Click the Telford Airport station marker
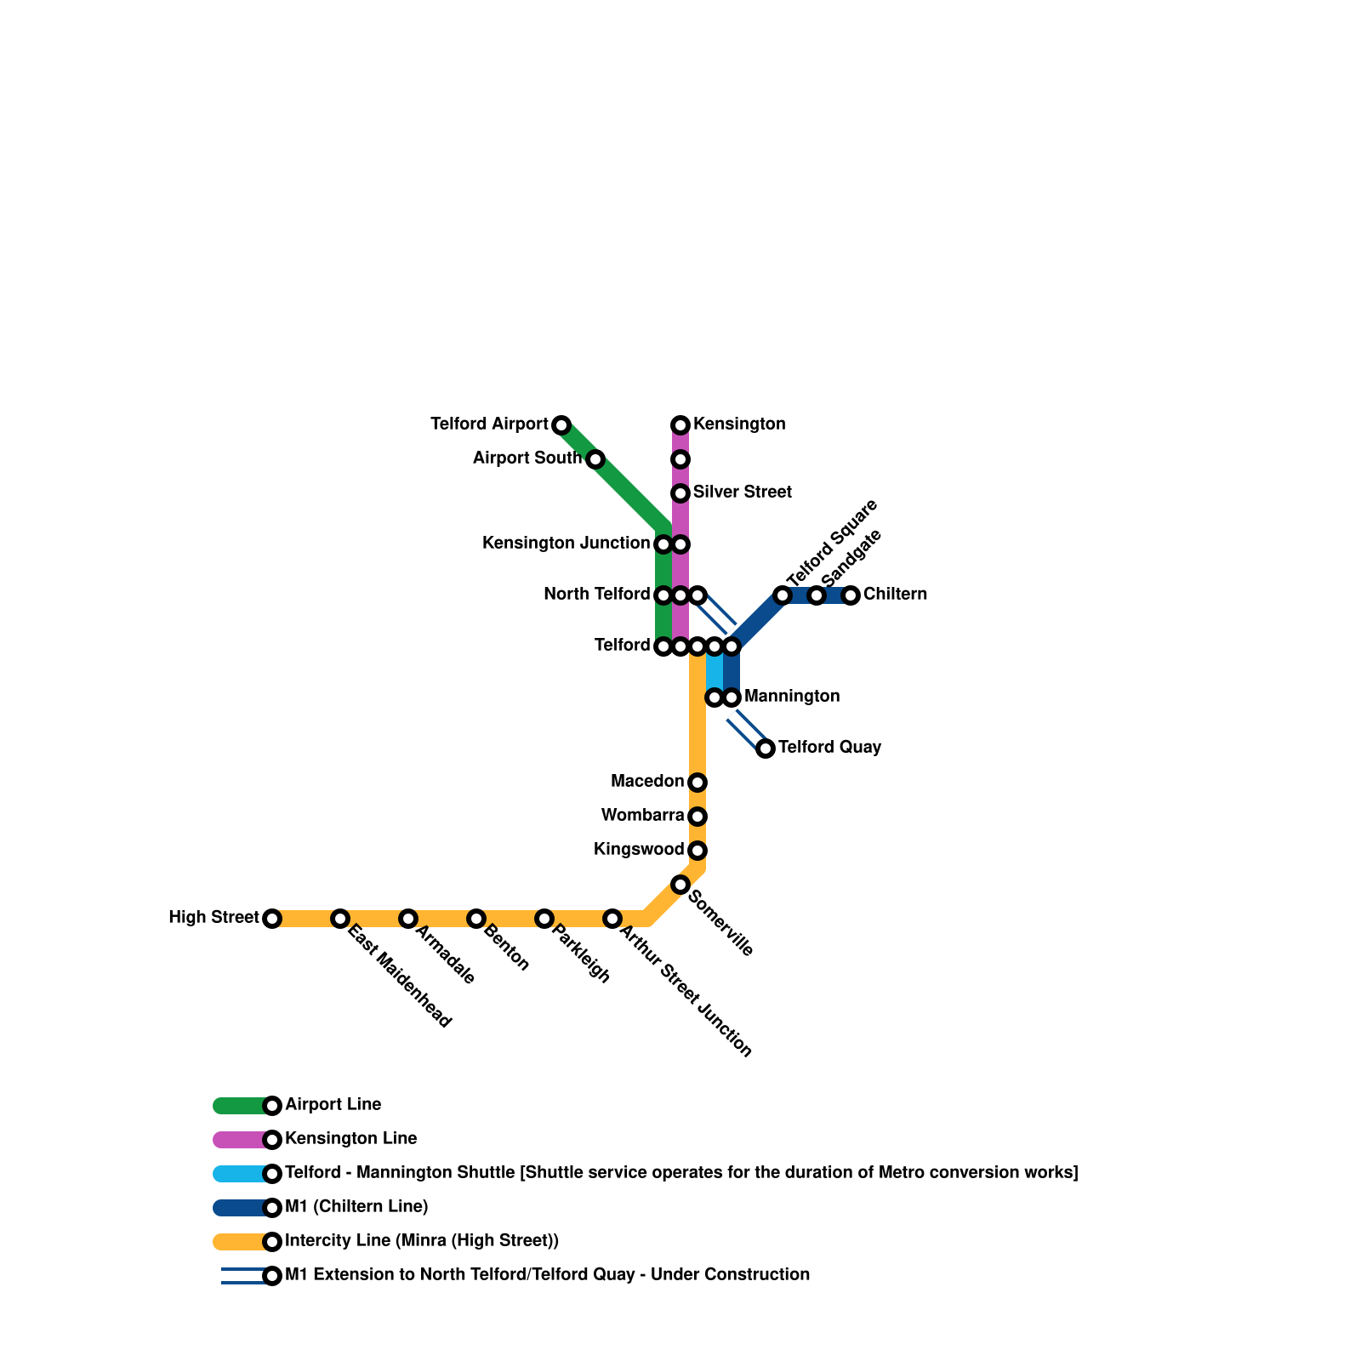pyautogui.click(x=561, y=425)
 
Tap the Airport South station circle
pyautogui.click(x=595, y=459)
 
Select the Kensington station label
pyautogui.click(x=738, y=424)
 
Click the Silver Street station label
pyautogui.click(x=742, y=493)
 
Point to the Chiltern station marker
pyautogui.click(x=851, y=595)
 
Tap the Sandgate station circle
pyautogui.click(x=817, y=595)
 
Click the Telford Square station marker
pyautogui.click(x=783, y=595)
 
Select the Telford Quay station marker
pyautogui.click(x=766, y=749)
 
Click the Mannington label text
pyautogui.click(x=791, y=697)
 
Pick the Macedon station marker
pyautogui.click(x=698, y=783)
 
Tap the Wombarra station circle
pyautogui.click(x=698, y=817)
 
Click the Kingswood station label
pyautogui.click(x=639, y=850)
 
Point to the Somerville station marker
pyautogui.click(x=680, y=885)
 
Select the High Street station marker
pyautogui.click(x=272, y=919)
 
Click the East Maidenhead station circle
pyautogui.click(x=340, y=919)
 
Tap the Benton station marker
pyautogui.click(x=476, y=919)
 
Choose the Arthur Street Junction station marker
pyautogui.click(x=612, y=919)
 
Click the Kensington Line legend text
pyautogui.click(x=350, y=1139)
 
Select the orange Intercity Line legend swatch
pyautogui.click(x=241, y=1242)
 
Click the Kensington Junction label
pyautogui.click(x=566, y=544)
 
